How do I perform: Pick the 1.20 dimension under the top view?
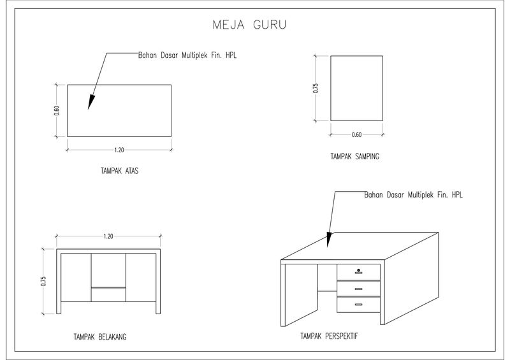(x=119, y=150)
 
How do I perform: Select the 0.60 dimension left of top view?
(x=56, y=110)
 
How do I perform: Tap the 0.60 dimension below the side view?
(x=356, y=134)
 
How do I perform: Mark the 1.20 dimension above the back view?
(x=108, y=236)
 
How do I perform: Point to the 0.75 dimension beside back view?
(x=43, y=282)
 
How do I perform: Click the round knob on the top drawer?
(x=359, y=270)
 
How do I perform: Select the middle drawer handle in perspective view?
(x=358, y=289)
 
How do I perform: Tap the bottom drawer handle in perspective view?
(x=358, y=305)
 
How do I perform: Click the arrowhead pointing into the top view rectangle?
(x=91, y=103)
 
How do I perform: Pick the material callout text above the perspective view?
(x=412, y=194)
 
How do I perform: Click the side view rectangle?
(x=356, y=88)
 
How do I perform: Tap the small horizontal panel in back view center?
(x=108, y=294)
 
